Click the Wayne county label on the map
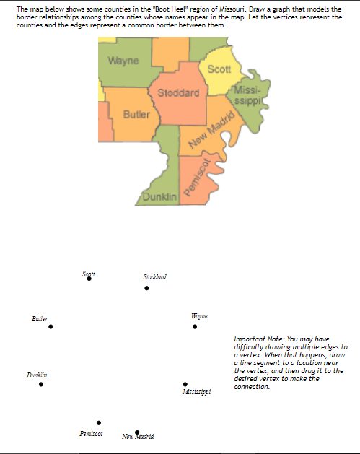[123, 61]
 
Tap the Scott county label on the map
[219, 69]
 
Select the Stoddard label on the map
[178, 93]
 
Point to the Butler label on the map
[137, 115]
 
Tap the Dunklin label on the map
[159, 197]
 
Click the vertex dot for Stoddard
[147, 288]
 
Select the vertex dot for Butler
[51, 327]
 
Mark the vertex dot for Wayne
[195, 327]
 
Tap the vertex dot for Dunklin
[40, 384]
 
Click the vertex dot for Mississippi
[185, 384]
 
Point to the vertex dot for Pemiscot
[99, 422]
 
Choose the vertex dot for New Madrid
[137, 432]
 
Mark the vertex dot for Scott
[89, 279]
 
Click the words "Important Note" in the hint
[259, 339]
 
